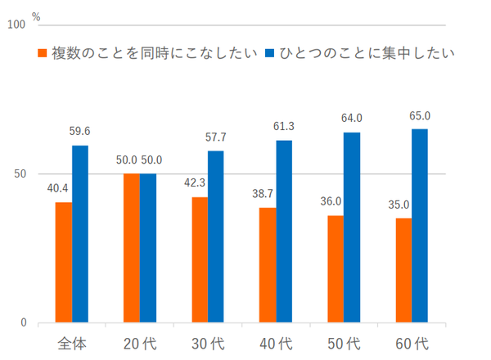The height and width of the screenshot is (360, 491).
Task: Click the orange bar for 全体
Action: pos(64,262)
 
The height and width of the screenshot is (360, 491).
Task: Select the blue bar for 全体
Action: pos(80,234)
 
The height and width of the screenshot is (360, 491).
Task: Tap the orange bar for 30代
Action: pos(199,259)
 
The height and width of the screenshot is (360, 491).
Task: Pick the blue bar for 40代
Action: pos(283,232)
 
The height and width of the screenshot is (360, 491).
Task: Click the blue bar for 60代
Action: pos(419,226)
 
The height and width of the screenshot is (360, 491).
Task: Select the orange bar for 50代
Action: pos(334,269)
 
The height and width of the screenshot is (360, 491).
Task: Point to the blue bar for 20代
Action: pos(148,248)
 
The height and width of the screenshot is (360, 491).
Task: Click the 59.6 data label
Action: pos(81,130)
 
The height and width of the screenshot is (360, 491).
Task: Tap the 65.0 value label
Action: pos(420,115)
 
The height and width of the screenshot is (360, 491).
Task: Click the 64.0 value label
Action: pos(352,118)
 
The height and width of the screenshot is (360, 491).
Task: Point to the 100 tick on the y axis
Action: pos(16,25)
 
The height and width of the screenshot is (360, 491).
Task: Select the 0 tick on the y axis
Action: pos(23,322)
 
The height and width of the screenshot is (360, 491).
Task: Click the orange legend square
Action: pos(43,53)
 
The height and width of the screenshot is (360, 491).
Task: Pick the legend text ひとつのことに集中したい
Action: pos(367,53)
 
